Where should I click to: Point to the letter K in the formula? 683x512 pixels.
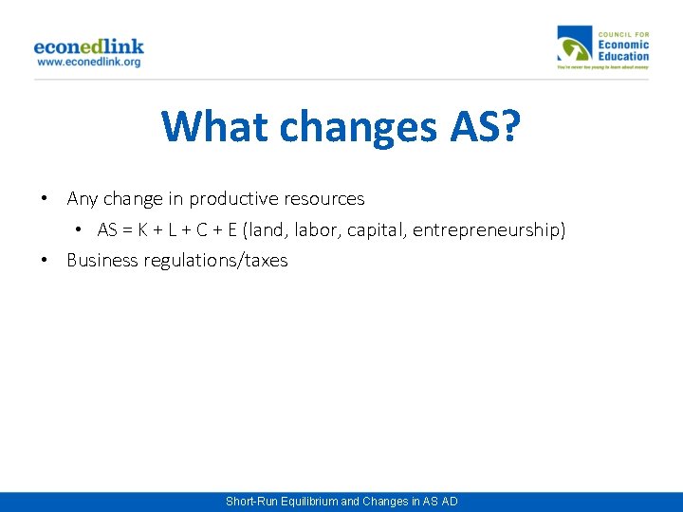pyautogui.click(x=152, y=230)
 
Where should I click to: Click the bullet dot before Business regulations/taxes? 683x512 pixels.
pyautogui.click(x=45, y=261)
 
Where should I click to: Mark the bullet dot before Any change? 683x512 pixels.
pyautogui.click(x=45, y=199)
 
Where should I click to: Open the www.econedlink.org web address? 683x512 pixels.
pyautogui.click(x=88, y=63)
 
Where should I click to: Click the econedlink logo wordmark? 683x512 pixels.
pyautogui.click(x=88, y=46)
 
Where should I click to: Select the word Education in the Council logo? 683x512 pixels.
pyautogui.click(x=623, y=56)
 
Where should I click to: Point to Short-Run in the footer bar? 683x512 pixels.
pyautogui.click(x=250, y=502)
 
